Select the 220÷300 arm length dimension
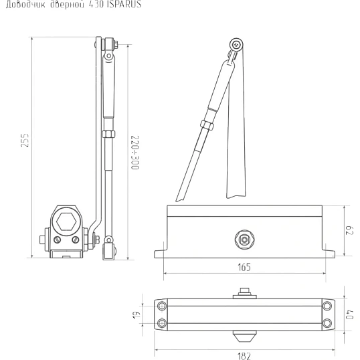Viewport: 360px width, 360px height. pos(133,153)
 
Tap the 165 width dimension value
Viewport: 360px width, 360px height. pos(244,266)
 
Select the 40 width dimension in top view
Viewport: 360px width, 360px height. pos(349,313)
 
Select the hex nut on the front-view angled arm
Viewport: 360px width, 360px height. pos(206,124)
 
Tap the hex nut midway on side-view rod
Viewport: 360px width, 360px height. pos(106,134)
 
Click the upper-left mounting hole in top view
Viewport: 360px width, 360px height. pos(162,305)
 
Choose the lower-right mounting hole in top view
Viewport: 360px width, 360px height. pos(326,323)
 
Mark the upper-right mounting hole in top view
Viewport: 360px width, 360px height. pos(326,305)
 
